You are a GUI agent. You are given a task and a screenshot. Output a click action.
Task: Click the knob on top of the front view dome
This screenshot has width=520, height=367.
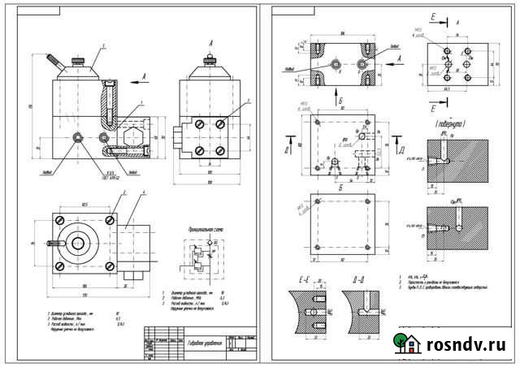tap(80, 59)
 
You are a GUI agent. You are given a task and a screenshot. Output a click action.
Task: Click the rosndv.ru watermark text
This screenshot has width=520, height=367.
tap(463, 345)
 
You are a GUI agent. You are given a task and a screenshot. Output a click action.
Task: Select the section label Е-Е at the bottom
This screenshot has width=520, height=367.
tap(305, 280)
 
